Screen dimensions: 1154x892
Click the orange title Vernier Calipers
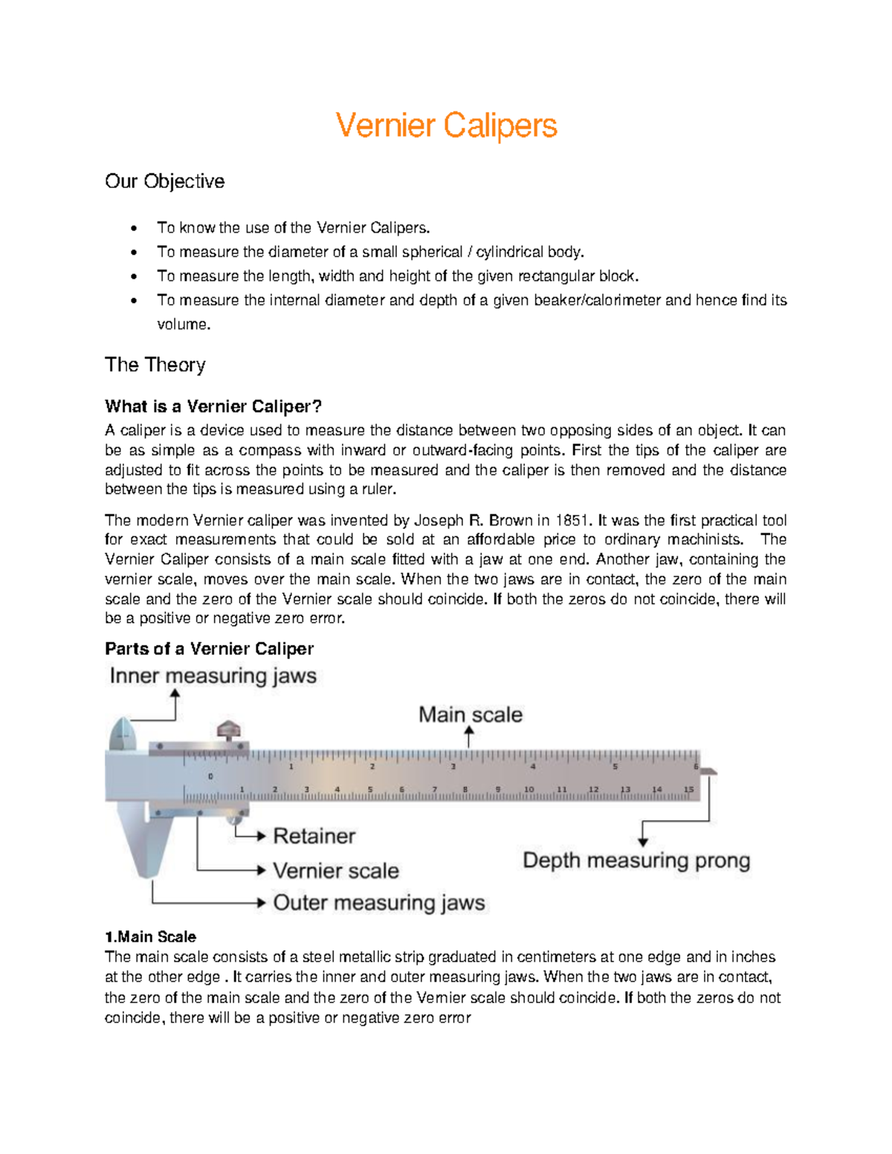[446, 125]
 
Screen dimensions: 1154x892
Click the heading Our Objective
[164, 181]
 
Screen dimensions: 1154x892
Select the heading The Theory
[155, 365]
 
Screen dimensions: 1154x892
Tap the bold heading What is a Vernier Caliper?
[213, 406]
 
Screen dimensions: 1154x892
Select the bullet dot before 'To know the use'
[134, 228]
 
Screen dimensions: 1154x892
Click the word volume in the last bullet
[183, 325]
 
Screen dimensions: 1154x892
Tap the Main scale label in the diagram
[470, 715]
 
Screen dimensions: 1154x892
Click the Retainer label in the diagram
[314, 836]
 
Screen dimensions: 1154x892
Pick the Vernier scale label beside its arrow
[335, 870]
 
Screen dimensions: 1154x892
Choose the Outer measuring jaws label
[378, 903]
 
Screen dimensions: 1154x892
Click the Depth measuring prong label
[636, 860]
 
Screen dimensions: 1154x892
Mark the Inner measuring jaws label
[213, 676]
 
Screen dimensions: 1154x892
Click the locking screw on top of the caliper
[229, 730]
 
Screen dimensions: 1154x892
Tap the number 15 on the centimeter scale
[688, 789]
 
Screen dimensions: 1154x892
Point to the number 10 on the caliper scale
[529, 789]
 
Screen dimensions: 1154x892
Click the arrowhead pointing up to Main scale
[469, 733]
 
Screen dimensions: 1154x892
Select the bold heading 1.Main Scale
[150, 937]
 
